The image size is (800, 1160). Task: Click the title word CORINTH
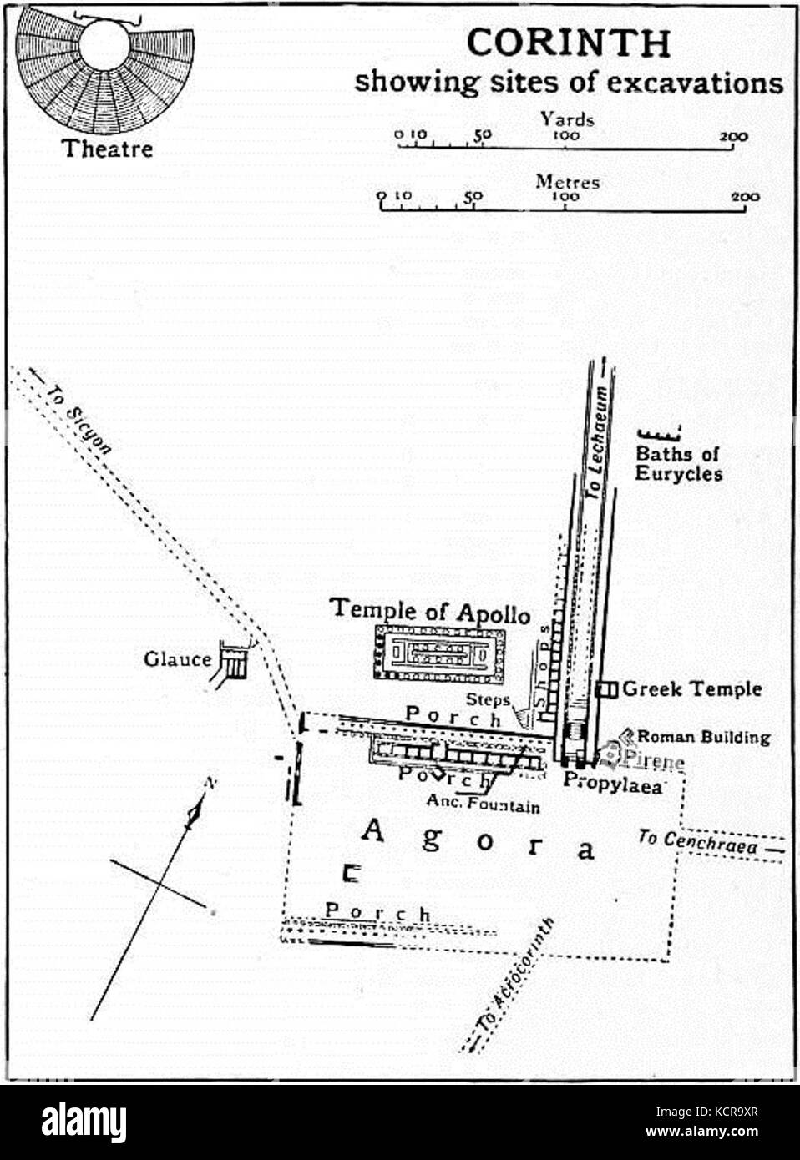(567, 43)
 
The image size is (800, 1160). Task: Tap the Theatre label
(108, 149)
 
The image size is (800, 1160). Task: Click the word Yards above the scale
(567, 119)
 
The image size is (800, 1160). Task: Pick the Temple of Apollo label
(430, 610)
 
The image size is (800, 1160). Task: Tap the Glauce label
(177, 659)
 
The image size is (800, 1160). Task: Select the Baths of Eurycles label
(677, 464)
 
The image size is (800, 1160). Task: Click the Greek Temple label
(691, 689)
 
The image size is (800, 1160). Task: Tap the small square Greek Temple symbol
(607, 689)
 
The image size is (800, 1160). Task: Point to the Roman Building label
(703, 737)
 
